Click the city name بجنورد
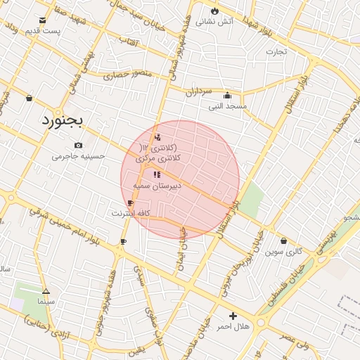tap(63, 120)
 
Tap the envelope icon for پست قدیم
tap(43, 20)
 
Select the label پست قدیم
tap(43, 31)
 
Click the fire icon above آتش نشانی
tap(214, 11)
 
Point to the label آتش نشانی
tap(214, 22)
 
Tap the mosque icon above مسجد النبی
tap(226, 96)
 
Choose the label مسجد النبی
tap(227, 106)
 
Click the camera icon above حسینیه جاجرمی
tap(78, 146)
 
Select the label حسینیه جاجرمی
tap(78, 156)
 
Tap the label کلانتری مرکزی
tap(161, 160)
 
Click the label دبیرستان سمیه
tap(157, 185)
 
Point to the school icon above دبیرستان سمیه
tap(156, 174)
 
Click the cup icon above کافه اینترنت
tap(130, 202)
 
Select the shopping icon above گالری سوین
tap(283, 240)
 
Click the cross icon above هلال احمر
tap(233, 316)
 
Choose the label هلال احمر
tap(233, 327)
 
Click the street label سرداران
tap(199, 91)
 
